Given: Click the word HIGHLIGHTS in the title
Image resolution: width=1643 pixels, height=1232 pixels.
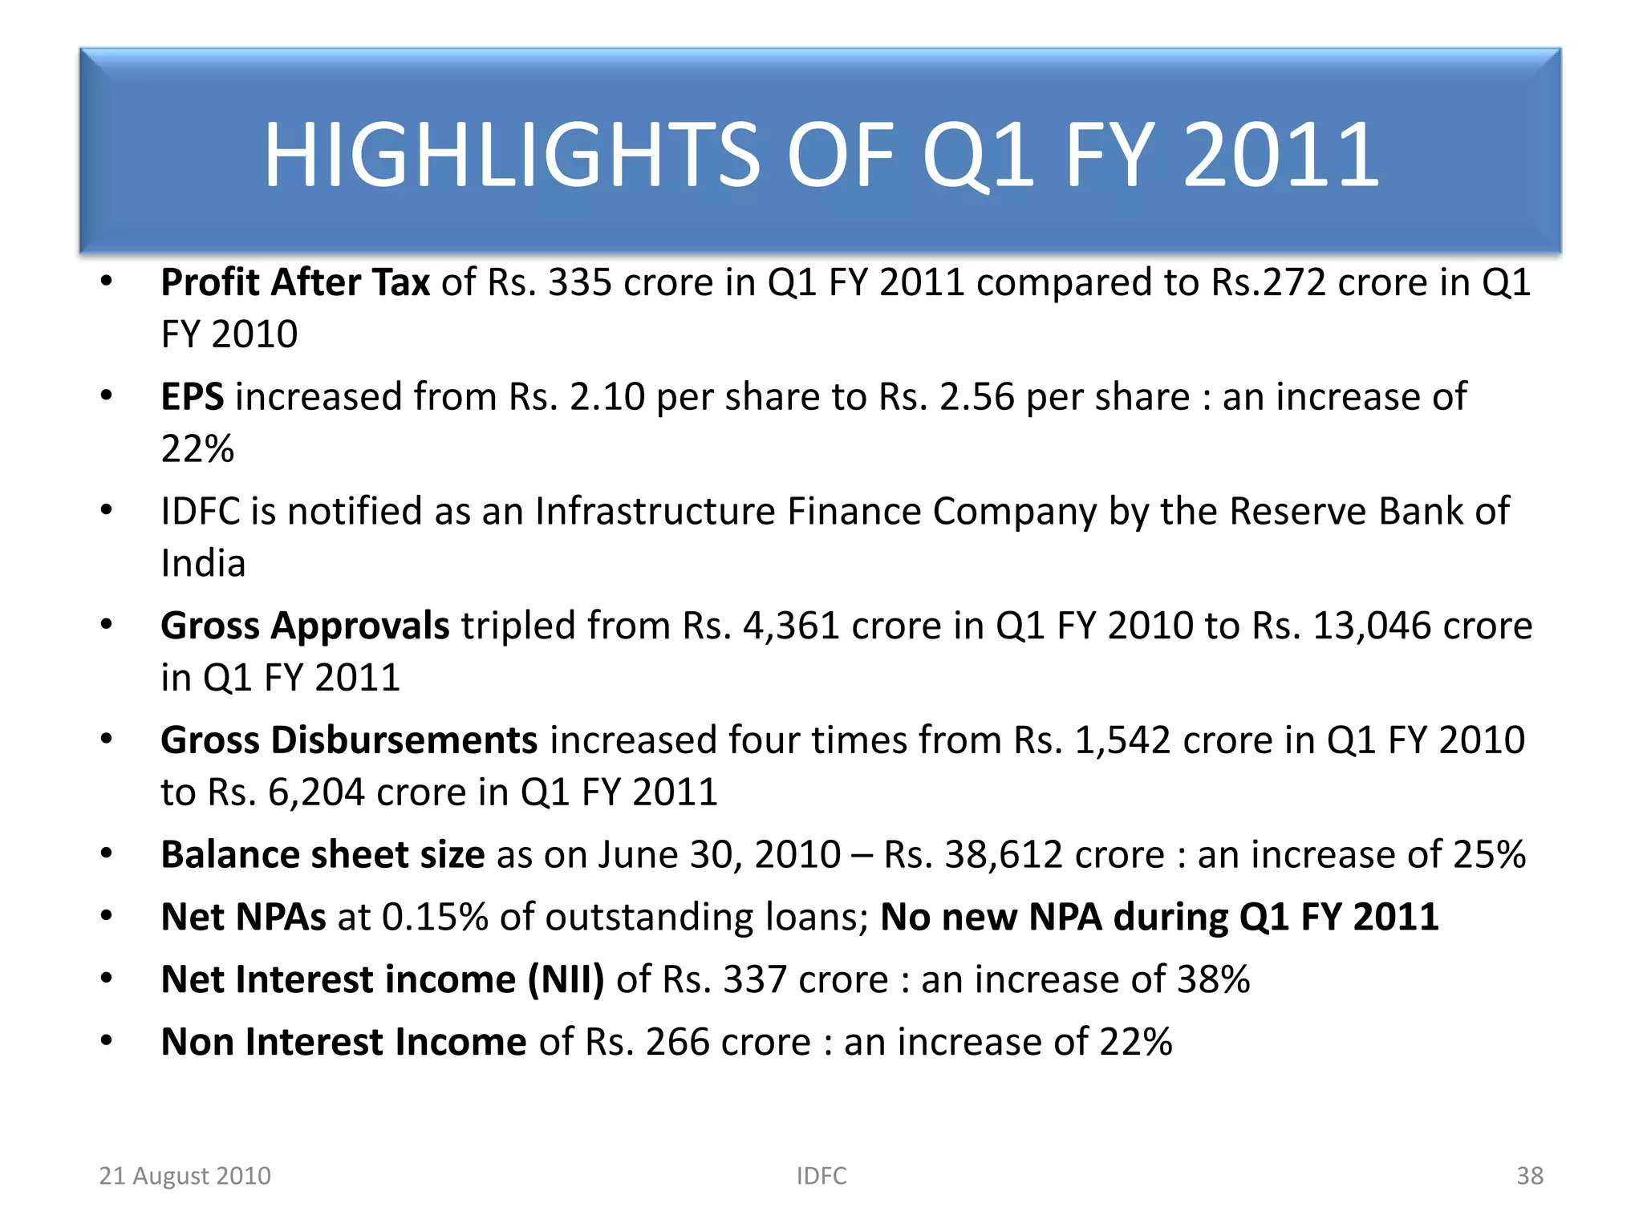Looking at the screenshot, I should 512,155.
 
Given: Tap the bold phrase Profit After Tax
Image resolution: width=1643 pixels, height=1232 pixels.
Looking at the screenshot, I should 295,282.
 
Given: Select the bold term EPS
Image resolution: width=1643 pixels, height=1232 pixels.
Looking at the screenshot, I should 193,397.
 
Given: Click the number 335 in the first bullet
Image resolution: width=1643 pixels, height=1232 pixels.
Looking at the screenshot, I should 579,282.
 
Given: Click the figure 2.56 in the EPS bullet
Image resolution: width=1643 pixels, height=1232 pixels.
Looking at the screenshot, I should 976,397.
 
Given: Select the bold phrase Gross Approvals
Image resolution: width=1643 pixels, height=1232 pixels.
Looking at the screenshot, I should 305,626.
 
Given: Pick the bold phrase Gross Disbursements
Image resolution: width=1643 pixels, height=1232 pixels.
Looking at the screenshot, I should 349,740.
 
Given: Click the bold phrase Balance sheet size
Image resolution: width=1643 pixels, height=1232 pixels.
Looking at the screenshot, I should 323,855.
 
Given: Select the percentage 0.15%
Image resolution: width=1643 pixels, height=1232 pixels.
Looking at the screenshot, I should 435,918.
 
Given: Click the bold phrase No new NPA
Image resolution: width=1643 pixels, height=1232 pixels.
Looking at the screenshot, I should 992,918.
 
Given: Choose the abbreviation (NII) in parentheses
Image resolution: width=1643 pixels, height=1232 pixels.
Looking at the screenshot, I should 566,980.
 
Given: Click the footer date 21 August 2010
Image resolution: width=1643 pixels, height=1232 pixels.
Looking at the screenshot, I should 185,1176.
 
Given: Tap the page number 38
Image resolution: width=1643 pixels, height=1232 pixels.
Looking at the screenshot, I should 1530,1176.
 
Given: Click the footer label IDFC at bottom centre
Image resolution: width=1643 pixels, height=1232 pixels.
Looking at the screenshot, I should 821,1176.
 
